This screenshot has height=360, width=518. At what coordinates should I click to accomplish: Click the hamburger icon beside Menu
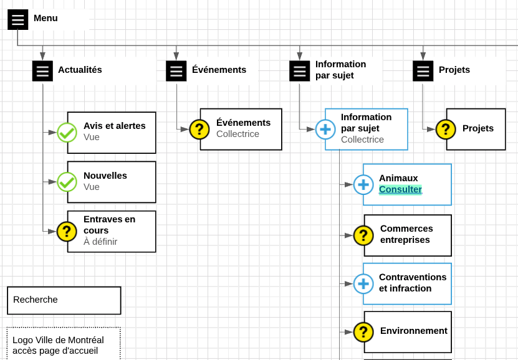18,20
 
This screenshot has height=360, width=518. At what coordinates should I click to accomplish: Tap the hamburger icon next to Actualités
42,71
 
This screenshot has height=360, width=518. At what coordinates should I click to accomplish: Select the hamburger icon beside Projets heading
423,71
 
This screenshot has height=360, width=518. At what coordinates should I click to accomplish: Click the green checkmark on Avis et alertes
67,132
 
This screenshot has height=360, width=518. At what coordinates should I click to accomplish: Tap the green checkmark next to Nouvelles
67,182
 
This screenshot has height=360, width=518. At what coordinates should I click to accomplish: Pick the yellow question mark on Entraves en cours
67,232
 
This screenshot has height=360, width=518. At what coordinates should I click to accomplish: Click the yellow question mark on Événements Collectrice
199,130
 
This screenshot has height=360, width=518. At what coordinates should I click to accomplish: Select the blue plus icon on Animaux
363,184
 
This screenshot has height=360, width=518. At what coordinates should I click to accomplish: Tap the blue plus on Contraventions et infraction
363,284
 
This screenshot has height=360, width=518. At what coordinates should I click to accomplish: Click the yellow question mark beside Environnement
363,332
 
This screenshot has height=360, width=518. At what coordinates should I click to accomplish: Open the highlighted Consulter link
400,189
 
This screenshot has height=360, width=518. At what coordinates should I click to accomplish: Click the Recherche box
64,300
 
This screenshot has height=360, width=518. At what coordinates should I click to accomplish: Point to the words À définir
100,242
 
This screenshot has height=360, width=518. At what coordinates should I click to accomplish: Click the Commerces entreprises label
406,234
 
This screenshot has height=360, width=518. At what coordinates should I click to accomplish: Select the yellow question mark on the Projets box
446,130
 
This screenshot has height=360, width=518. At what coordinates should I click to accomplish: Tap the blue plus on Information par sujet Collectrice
325,130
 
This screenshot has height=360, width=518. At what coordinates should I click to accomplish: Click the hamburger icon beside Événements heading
176,71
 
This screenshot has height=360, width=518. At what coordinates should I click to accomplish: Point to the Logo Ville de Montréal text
58,340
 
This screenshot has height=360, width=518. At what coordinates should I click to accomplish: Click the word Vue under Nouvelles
92,187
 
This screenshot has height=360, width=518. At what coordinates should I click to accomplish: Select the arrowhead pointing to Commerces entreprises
348,235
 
